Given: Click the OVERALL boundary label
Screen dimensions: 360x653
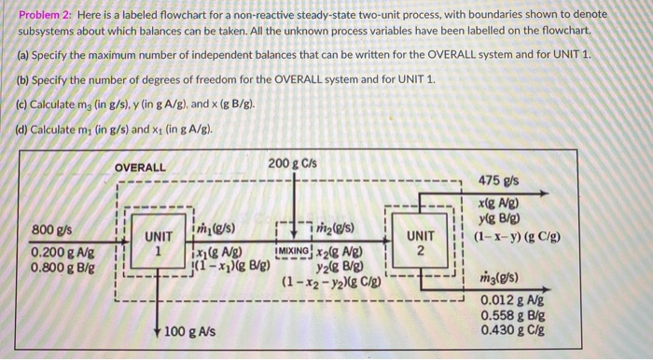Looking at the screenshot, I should tap(140, 168).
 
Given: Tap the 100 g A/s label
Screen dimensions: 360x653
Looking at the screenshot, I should tap(190, 332).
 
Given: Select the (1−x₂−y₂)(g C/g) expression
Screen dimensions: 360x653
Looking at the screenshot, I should tap(328, 280).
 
